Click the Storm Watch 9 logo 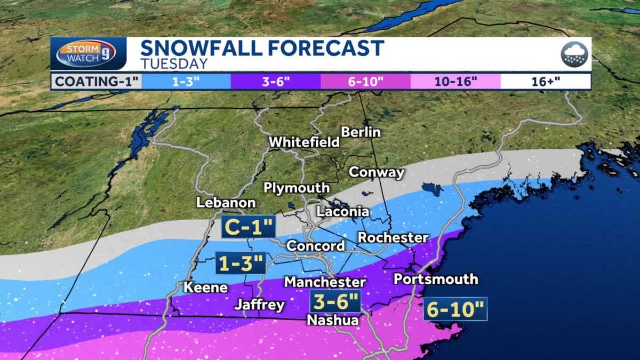[x=86, y=54]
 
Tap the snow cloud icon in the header [x=574, y=54]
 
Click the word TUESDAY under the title [x=174, y=64]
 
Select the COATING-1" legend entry [x=97, y=82]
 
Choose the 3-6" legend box [x=276, y=82]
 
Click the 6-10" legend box [x=365, y=82]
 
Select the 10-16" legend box [x=455, y=82]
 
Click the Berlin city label [x=361, y=132]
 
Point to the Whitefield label [x=304, y=142]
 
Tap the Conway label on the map [x=376, y=172]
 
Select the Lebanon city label [x=226, y=203]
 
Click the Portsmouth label [x=435, y=279]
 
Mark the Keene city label [x=205, y=287]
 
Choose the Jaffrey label [x=260, y=305]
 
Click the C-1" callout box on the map [x=249, y=228]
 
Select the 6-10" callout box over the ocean [x=455, y=309]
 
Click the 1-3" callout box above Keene [x=240, y=263]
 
